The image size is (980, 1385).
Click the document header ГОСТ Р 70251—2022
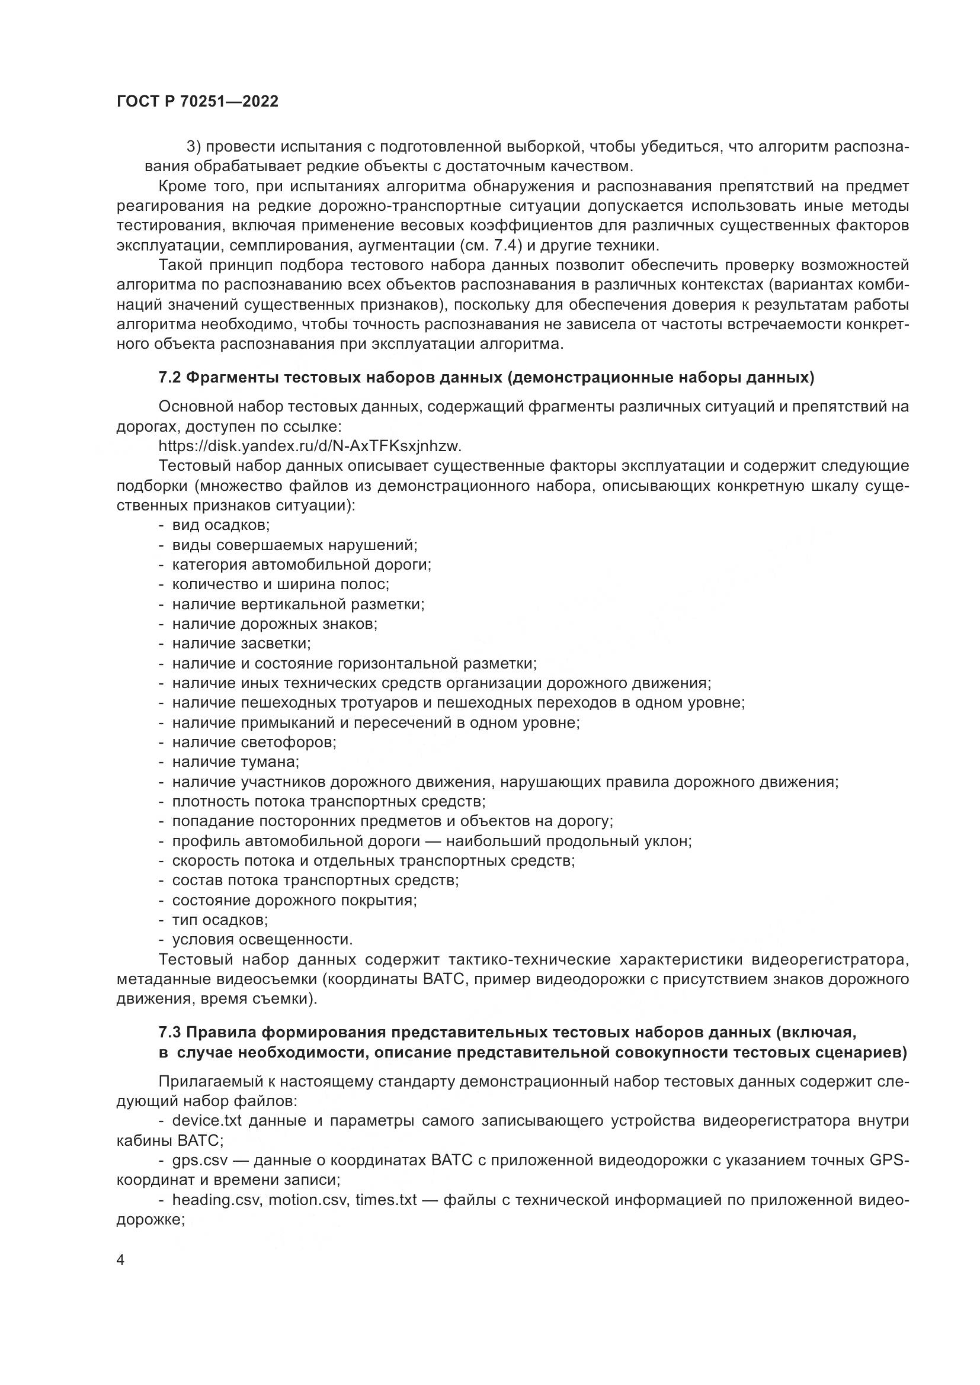[197, 102]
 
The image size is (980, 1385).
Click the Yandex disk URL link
[309, 446]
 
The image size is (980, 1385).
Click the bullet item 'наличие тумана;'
[236, 762]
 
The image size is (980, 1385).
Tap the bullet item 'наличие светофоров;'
[254, 742]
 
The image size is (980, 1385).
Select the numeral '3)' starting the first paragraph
[193, 147]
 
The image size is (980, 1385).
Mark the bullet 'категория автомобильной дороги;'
[302, 565]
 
